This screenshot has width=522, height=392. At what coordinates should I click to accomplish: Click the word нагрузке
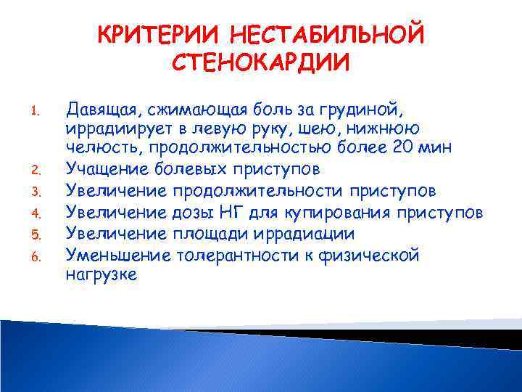pos(101,275)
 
